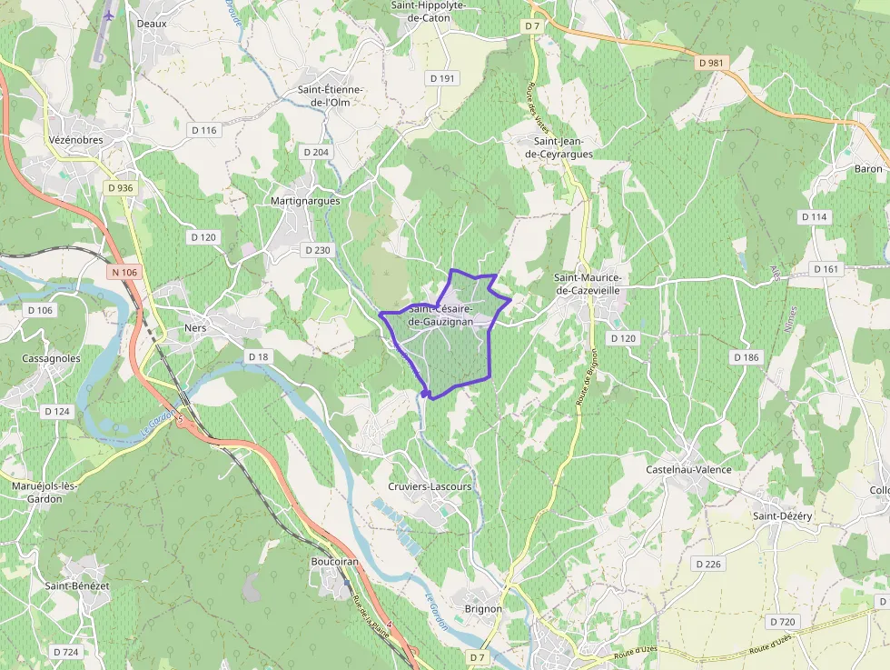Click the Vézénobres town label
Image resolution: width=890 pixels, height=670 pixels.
[77, 140]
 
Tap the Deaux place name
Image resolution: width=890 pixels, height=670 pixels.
[152, 24]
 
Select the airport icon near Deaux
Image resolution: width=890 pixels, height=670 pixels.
[110, 15]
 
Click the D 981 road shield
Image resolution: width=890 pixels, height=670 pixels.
[713, 63]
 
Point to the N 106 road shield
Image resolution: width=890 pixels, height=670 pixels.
[124, 272]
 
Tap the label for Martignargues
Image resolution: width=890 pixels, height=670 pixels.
[305, 200]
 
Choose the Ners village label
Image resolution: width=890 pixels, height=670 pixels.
[195, 327]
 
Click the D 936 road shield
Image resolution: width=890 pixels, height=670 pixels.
[120, 187]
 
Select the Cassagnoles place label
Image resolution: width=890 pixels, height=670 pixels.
[51, 358]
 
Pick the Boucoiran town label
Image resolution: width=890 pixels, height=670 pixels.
[335, 562]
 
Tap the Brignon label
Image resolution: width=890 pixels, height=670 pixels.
[483, 608]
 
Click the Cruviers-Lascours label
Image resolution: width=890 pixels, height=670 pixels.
[430, 486]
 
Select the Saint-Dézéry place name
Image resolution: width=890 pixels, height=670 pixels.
[782, 515]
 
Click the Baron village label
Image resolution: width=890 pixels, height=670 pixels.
[868, 169]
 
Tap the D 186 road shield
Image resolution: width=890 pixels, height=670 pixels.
[745, 357]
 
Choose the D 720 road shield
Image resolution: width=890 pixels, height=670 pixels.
[782, 622]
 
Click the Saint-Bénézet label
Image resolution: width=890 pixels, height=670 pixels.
[77, 585]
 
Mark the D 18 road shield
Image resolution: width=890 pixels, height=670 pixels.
[259, 357]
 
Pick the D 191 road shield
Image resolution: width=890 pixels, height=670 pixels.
[441, 79]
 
